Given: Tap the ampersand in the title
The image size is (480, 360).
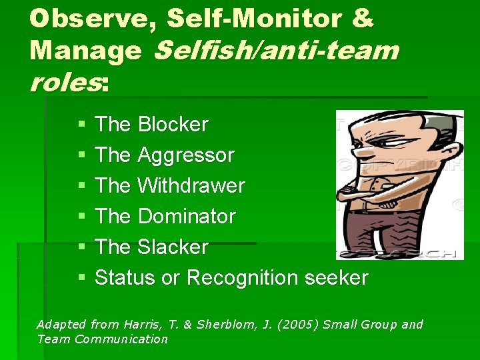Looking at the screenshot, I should (360, 18).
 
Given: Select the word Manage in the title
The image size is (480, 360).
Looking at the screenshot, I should (85, 50).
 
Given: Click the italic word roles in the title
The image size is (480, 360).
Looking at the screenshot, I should (64, 82).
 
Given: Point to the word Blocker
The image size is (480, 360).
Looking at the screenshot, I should (173, 125).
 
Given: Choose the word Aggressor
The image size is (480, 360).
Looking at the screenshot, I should (185, 155).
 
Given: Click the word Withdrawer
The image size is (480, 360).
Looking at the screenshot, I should (191, 186).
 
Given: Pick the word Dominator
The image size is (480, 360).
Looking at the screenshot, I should (186, 217).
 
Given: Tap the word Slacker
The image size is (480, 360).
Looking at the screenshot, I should (173, 247).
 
